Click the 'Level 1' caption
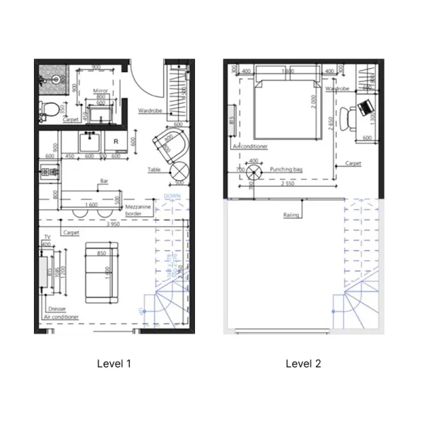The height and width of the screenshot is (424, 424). click(114, 364)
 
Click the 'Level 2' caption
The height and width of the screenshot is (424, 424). click(303, 364)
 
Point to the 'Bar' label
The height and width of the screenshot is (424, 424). click(105, 181)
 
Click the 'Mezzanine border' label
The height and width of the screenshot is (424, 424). click(134, 210)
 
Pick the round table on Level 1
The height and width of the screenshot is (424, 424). click(177, 170)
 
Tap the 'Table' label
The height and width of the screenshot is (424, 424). click(154, 170)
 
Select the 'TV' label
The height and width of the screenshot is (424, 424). click(47, 237)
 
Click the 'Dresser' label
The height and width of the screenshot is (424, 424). click(57, 310)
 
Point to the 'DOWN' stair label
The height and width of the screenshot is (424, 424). click(172, 196)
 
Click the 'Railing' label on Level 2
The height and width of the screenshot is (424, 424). click(291, 215)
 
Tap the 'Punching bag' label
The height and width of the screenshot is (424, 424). click(287, 170)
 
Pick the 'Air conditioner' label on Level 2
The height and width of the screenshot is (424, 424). click(250, 146)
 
